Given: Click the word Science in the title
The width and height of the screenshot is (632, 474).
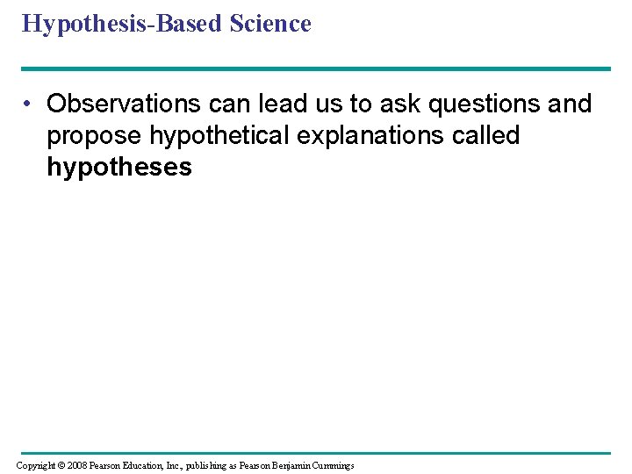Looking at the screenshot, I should click(270, 24).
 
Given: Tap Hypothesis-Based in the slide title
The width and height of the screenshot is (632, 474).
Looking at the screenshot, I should click(122, 25).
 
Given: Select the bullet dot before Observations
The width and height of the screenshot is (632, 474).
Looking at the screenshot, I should click(30, 104).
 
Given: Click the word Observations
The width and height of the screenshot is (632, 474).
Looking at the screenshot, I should click(124, 104).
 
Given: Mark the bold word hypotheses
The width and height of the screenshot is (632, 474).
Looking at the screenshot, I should click(118, 168).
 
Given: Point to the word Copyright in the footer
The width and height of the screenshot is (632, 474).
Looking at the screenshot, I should click(38, 465).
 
